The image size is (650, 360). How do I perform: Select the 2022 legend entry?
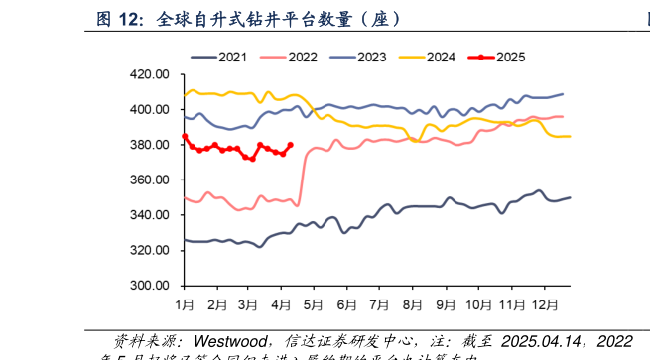pos(303,57)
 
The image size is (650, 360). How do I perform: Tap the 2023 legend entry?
pos(372,57)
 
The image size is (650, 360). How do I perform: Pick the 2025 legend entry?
pos(509,57)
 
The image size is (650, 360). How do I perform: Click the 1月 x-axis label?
pos(185,303)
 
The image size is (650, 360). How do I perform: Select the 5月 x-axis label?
pos(315,303)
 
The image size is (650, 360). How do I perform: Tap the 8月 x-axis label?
pos(413,303)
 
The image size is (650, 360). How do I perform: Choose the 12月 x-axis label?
pos(547,303)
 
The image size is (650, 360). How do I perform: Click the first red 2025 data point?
pos(185,136)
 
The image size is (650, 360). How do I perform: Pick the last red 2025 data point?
pos(291,145)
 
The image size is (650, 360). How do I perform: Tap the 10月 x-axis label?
pos(480,303)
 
